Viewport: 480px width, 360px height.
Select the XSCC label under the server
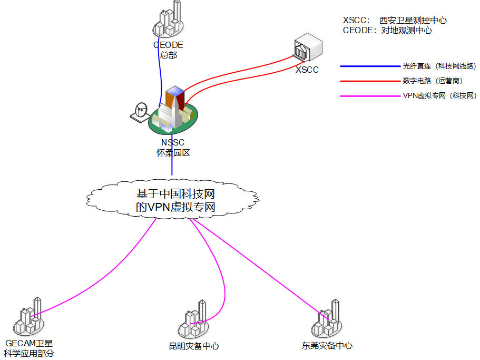pos(307,70)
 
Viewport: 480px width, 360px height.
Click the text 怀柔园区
pos(172,153)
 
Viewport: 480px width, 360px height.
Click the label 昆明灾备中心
pos(194,346)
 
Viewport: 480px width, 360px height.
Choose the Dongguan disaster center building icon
pos(328,319)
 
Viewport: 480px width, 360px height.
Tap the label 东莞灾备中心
pos(327,346)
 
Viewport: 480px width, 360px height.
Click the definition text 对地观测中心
pos(406,31)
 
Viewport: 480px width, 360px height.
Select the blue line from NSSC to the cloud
pos(172,166)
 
